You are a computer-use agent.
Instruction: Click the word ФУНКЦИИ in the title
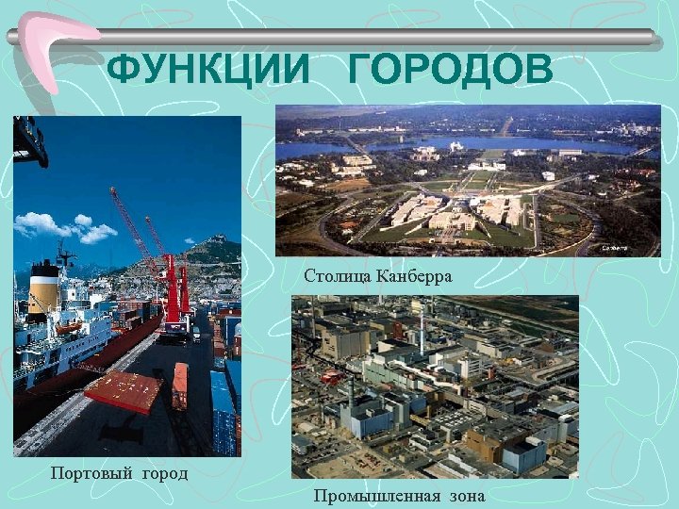[x=207, y=70]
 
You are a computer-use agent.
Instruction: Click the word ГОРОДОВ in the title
[x=450, y=70]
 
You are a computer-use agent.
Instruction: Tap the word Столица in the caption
[x=338, y=276]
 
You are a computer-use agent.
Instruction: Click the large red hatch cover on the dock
[x=123, y=391]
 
